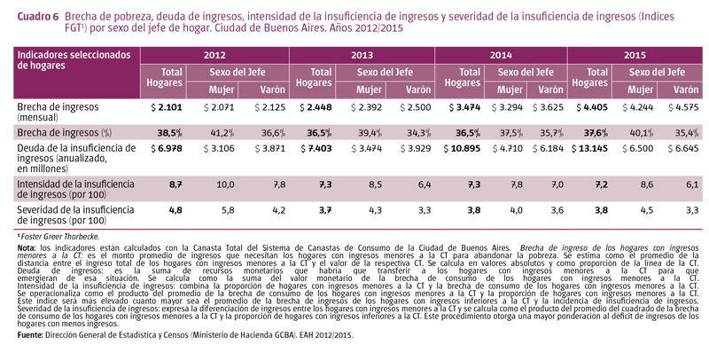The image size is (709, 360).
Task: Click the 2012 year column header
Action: [x=214, y=54]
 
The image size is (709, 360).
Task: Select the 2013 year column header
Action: [x=362, y=54]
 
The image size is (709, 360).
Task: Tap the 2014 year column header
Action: [x=501, y=54]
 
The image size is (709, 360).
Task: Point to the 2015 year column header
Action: [x=635, y=54]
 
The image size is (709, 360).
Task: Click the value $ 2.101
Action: [x=164, y=107]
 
